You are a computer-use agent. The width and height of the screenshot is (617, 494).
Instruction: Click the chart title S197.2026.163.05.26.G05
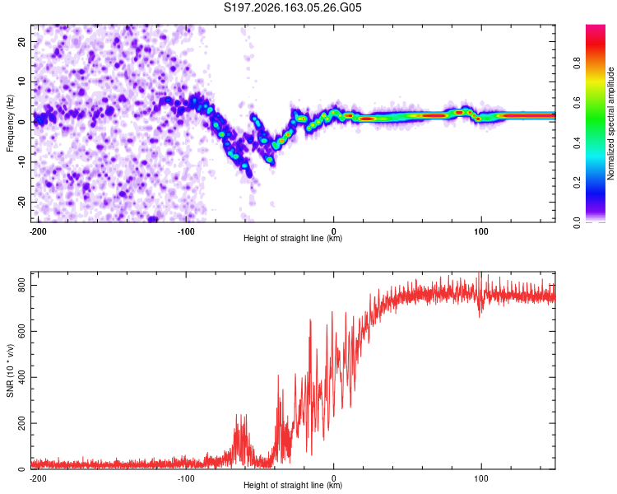(292, 7)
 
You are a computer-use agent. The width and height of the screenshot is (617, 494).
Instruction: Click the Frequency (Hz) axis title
(10, 123)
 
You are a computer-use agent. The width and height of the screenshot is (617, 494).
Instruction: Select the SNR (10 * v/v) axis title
(10, 370)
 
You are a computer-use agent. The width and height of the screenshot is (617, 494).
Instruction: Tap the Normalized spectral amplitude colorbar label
(610, 123)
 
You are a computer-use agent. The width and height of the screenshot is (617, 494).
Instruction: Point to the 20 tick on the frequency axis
(21, 41)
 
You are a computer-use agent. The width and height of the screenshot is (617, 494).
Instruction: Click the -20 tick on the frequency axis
(21, 203)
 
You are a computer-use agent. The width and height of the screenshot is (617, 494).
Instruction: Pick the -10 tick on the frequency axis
(21, 162)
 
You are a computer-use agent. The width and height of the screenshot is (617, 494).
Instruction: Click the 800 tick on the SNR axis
(21, 285)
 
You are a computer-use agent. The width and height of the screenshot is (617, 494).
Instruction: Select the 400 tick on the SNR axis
(21, 377)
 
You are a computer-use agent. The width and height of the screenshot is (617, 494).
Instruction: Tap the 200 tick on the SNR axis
(21, 423)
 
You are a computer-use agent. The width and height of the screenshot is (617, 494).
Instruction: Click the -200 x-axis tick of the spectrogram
(38, 231)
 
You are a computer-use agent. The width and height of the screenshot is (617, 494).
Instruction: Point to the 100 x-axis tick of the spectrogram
(481, 231)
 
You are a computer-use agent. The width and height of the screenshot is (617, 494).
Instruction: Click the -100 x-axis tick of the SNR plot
(186, 478)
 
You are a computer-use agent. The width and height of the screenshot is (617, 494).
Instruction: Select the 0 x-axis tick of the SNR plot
(334, 478)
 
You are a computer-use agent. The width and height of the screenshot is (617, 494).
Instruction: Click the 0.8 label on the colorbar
(578, 63)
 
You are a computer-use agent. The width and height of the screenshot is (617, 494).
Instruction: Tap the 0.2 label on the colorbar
(578, 183)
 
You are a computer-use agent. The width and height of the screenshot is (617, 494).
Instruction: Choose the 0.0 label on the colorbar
(578, 222)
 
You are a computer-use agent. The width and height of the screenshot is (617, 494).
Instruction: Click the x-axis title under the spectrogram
(293, 238)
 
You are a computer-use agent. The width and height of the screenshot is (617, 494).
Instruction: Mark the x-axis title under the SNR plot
(293, 485)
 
